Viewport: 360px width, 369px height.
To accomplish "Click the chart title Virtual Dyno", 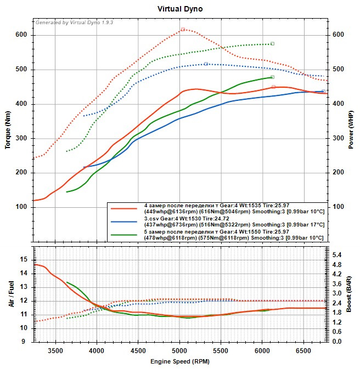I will click(x=180, y=9).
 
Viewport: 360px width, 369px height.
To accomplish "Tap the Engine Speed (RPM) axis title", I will click(x=180, y=361).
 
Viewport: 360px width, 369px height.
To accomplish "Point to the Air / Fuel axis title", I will click(x=11, y=294).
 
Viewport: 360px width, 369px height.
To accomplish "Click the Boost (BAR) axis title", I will click(x=351, y=294).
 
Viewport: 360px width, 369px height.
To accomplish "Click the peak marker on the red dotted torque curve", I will click(x=183, y=30).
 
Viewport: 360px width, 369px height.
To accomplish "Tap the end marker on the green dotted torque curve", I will click(x=272, y=43).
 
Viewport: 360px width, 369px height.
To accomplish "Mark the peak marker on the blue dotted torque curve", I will click(x=206, y=64).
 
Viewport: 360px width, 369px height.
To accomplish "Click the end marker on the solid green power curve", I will click(x=272, y=77).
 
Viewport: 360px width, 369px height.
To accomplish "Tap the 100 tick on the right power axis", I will click(x=339, y=207).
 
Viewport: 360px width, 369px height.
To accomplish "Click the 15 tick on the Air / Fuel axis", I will click(x=24, y=259).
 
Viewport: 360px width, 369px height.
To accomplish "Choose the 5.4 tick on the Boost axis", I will click(x=338, y=255).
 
